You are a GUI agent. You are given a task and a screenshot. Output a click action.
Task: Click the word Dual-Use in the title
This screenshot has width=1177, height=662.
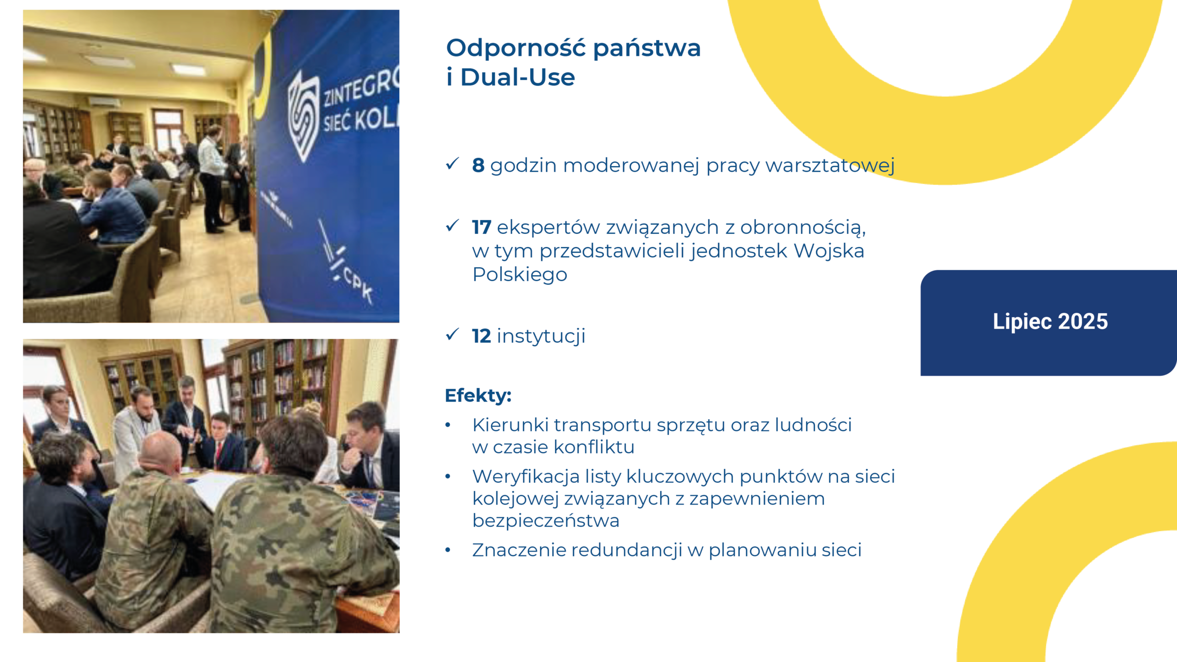pyautogui.click(x=517, y=77)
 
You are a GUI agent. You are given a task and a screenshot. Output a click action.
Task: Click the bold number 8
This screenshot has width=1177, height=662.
pyautogui.click(x=478, y=166)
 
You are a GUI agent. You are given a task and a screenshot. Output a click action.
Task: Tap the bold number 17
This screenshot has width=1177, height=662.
pyautogui.click(x=481, y=228)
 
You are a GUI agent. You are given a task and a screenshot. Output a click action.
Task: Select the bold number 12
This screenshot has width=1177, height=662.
pyautogui.click(x=481, y=336)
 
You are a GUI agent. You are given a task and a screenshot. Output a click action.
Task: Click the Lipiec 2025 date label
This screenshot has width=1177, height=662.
pyautogui.click(x=1050, y=322)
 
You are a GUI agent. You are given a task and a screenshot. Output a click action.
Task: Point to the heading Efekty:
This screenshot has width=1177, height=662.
pyautogui.click(x=478, y=395)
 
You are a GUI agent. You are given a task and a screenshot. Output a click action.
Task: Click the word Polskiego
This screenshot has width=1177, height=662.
pyautogui.click(x=519, y=275)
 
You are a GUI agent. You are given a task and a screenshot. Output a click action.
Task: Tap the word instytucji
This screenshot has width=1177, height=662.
pyautogui.click(x=541, y=336)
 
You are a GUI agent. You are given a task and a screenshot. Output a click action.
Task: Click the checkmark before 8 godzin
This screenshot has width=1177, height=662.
pyautogui.click(x=452, y=164)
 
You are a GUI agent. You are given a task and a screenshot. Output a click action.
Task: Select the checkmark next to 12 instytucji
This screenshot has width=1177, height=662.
pyautogui.click(x=452, y=334)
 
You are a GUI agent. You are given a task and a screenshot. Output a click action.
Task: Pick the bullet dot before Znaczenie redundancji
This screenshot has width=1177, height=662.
pyautogui.click(x=448, y=550)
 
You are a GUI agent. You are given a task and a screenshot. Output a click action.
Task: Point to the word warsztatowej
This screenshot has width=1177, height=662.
pyautogui.click(x=830, y=166)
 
